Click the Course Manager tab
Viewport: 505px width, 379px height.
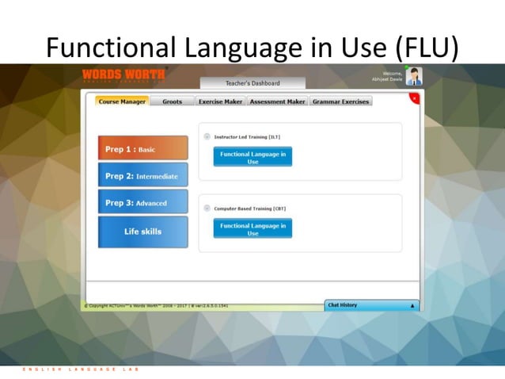click(x=122, y=101)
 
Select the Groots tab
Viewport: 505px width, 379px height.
click(x=172, y=101)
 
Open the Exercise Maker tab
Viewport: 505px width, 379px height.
click(x=220, y=101)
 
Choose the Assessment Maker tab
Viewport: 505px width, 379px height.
click(x=277, y=101)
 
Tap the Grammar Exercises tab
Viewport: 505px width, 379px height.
click(x=340, y=101)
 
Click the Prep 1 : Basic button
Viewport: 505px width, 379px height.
click(x=142, y=148)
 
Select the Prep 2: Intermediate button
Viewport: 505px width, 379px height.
click(x=142, y=175)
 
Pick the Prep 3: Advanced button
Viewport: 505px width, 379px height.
click(x=142, y=202)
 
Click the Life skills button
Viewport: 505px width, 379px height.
click(x=142, y=232)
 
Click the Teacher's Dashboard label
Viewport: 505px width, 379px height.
click(x=251, y=83)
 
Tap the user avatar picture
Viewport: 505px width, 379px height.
click(x=414, y=76)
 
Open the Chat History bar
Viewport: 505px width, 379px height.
click(x=370, y=305)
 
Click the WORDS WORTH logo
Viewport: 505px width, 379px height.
click(x=123, y=75)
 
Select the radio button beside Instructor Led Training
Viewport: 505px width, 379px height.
click(x=207, y=136)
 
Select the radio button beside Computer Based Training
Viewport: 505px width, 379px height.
click(x=207, y=208)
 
